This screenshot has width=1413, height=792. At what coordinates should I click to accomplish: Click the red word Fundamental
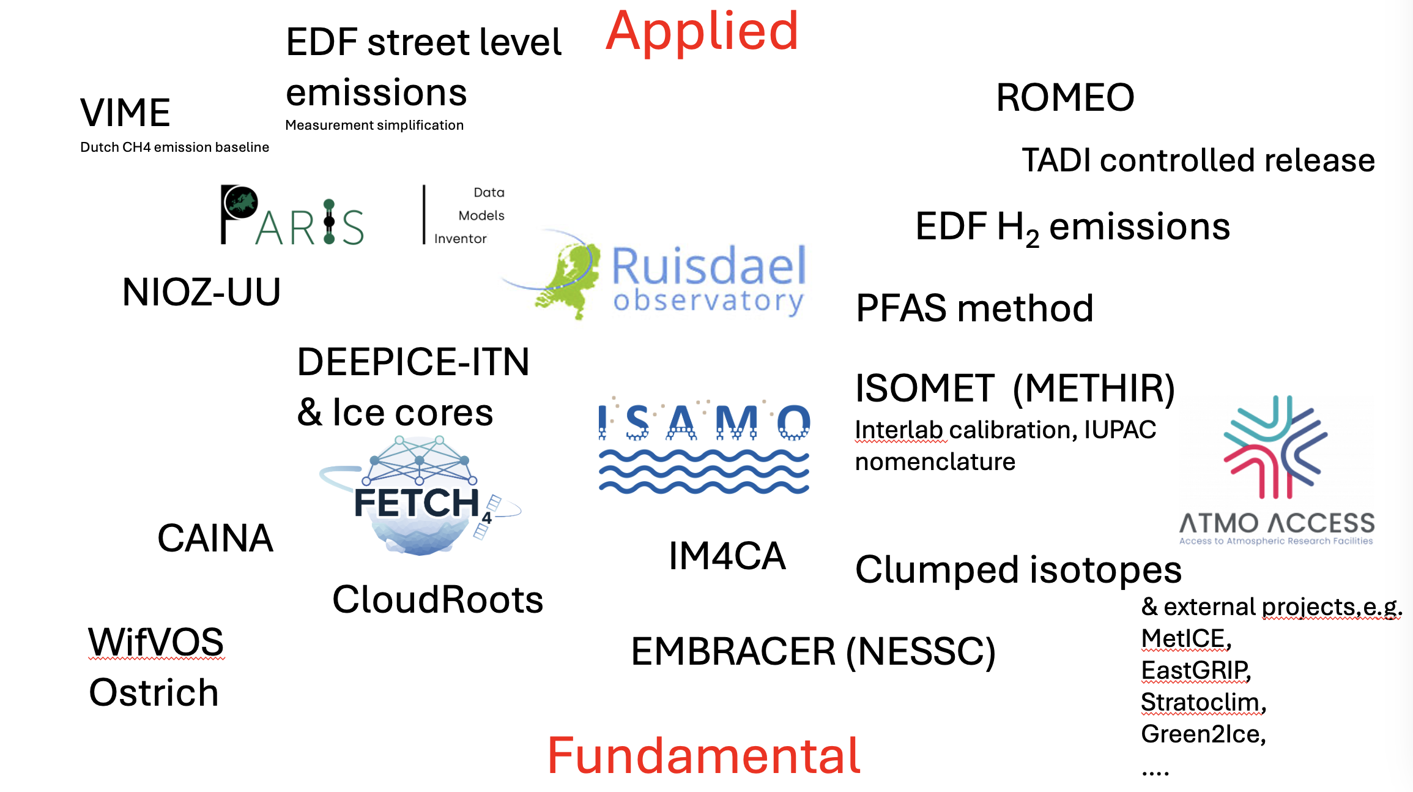tap(703, 756)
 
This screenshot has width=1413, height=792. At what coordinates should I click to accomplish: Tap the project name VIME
tap(125, 113)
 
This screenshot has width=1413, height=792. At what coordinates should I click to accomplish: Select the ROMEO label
tap(1065, 98)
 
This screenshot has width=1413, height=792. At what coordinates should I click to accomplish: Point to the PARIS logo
tap(292, 216)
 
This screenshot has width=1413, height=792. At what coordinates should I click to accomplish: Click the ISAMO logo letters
tap(703, 422)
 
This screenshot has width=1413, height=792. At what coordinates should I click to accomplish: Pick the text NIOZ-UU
tap(201, 293)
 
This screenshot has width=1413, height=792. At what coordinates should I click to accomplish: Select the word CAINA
tap(215, 539)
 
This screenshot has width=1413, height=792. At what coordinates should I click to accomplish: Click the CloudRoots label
tap(437, 600)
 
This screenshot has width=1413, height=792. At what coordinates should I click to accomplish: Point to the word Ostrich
tap(154, 693)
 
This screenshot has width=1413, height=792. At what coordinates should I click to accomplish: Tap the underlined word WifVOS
tap(156, 643)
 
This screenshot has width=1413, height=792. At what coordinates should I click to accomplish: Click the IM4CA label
tap(727, 556)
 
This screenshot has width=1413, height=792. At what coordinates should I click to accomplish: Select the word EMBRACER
tap(733, 652)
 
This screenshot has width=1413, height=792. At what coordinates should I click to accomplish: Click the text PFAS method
tap(974, 308)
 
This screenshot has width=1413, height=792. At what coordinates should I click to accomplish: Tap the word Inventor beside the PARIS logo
tap(460, 239)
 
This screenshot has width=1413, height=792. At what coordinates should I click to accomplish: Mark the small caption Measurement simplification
tap(374, 125)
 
